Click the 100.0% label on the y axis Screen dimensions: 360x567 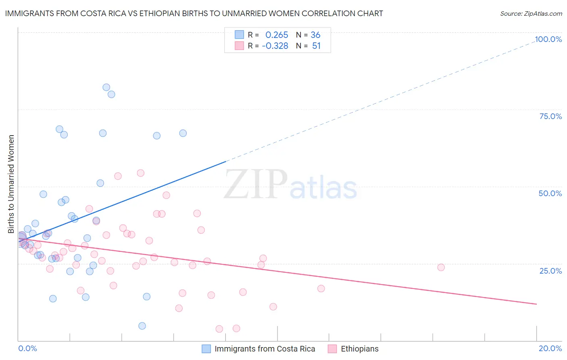pos(548,39)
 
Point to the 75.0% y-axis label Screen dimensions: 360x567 pos(550,116)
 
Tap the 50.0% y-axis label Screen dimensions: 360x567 pos(550,193)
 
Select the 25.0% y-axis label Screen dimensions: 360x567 pos(550,271)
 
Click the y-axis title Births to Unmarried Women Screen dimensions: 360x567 pos(11,184)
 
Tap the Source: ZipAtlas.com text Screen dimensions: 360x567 pos(531,13)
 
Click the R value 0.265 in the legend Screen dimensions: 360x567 pos(277,35)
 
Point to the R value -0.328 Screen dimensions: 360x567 pos(275,46)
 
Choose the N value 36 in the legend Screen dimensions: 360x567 pos(315,35)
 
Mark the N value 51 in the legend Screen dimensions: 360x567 pos(316,46)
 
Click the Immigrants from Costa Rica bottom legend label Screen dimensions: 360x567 pos(265,349)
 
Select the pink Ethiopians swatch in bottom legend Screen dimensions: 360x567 pos(332,349)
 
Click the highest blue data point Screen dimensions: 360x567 pos(106,87)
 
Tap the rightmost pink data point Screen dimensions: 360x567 pos(441,267)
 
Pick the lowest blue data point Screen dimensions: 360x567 pos(142,326)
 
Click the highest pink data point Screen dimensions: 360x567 pos(140,173)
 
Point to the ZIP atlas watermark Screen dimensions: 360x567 pos(290,185)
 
